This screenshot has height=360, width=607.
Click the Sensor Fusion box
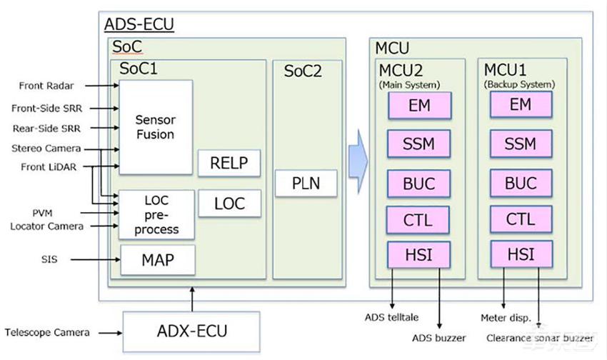click(155, 127)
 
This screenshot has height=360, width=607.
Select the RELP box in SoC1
click(229, 163)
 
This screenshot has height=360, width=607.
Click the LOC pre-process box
click(155, 214)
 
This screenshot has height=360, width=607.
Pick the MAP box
click(157, 260)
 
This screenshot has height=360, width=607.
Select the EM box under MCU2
click(418, 106)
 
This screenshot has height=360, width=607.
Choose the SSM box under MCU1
click(520, 144)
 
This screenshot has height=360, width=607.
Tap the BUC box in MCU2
click(418, 183)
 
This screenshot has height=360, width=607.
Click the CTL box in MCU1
click(520, 219)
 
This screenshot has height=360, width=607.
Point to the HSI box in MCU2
click(418, 254)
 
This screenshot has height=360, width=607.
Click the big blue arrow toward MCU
click(357, 161)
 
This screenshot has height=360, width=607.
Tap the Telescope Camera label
click(47, 332)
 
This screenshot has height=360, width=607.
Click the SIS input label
click(49, 259)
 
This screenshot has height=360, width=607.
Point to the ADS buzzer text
click(438, 337)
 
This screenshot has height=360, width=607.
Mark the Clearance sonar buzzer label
click(539, 338)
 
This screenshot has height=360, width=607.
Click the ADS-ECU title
click(139, 24)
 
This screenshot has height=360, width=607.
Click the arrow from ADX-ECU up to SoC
click(192, 297)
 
